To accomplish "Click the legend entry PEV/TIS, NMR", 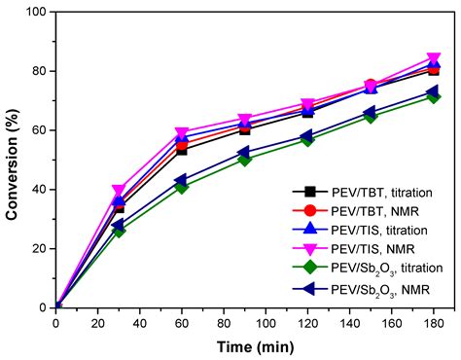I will tap(354, 249).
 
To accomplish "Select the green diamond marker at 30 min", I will tap(119, 231).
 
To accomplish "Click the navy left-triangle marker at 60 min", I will tap(182, 181).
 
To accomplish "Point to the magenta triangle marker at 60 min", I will tap(182, 133).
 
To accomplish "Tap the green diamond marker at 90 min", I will tap(244, 159).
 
